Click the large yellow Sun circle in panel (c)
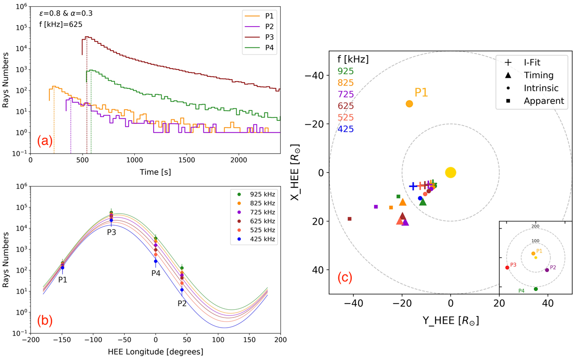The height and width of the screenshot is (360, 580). (x=450, y=173)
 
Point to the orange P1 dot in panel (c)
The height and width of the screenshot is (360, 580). (x=409, y=104)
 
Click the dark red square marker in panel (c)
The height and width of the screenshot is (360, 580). (x=349, y=219)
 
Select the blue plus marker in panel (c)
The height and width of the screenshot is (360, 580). (x=413, y=186)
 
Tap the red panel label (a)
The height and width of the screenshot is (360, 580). (x=45, y=141)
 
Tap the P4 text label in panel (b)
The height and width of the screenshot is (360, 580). (x=156, y=274)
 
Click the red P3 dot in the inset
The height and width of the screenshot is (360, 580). (x=507, y=268)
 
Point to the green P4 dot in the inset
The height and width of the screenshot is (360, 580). (x=536, y=289)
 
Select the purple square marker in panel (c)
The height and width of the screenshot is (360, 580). (x=376, y=207)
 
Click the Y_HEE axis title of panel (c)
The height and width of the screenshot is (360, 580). (x=450, y=321)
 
